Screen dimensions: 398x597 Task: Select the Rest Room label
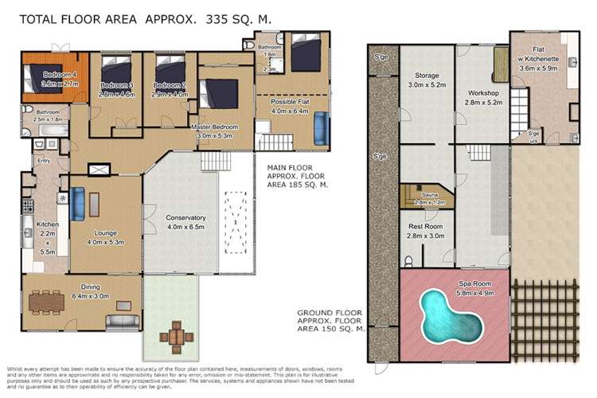point(425,231)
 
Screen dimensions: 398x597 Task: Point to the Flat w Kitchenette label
point(545,62)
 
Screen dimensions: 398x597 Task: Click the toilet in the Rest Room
point(408,257)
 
